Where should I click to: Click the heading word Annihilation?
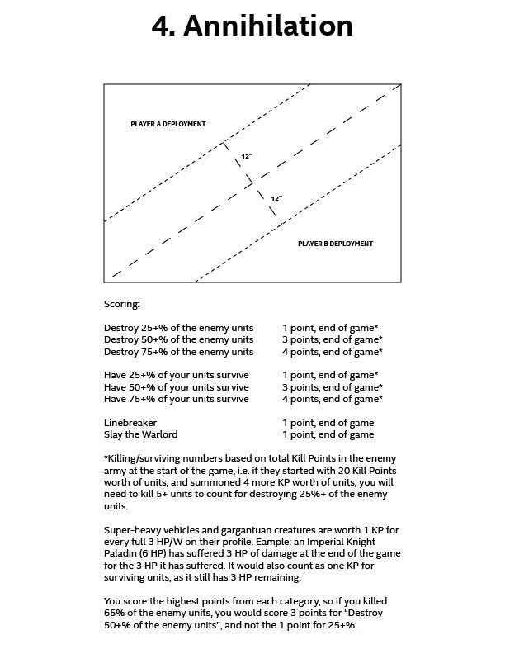[x=268, y=26]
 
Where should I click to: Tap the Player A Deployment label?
[x=168, y=124]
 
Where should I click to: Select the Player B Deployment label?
[x=335, y=244]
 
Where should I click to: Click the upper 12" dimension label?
[x=247, y=156]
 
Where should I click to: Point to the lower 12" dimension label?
[x=276, y=198]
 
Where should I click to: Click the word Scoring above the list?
[x=122, y=304]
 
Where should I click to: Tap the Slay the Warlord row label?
[x=140, y=434]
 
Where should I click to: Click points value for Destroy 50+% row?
[x=332, y=339]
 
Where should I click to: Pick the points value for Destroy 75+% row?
[x=332, y=352]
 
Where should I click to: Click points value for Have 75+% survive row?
[x=332, y=399]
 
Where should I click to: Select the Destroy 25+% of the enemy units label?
[x=178, y=327]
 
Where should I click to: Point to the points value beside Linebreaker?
[x=328, y=422]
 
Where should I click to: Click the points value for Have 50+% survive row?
[x=332, y=387]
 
